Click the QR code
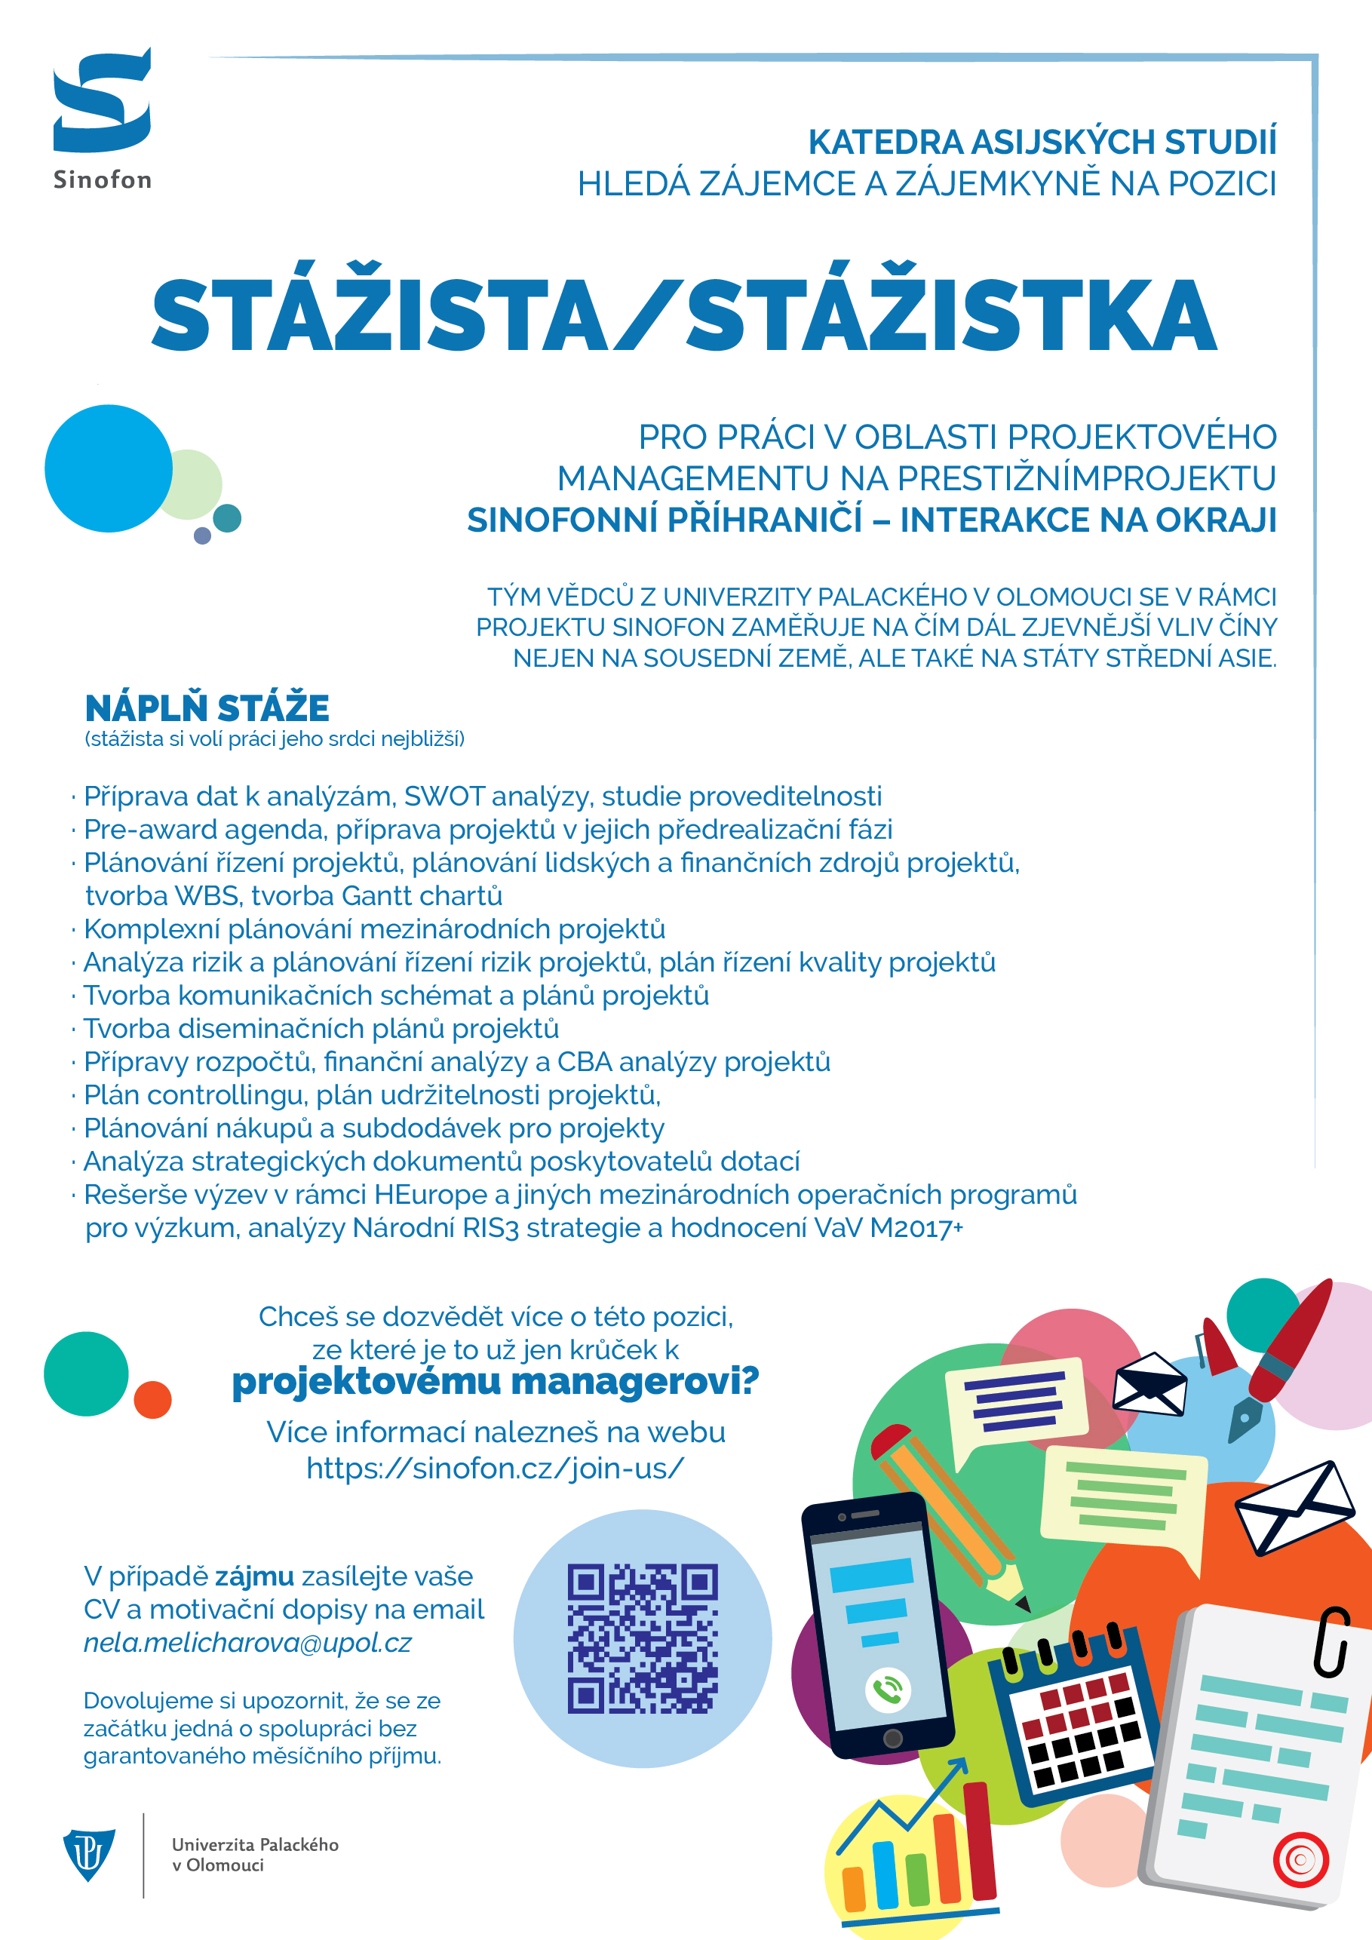pyautogui.click(x=642, y=1638)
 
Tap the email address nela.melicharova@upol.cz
pyautogui.click(x=247, y=1643)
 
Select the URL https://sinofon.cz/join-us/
pyautogui.click(x=495, y=1469)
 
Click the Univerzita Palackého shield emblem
pyautogui.click(x=89, y=1854)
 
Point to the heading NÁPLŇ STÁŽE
pyautogui.click(x=207, y=708)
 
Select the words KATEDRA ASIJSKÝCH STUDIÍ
pyautogui.click(x=1042, y=142)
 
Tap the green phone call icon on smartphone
pyautogui.click(x=887, y=1690)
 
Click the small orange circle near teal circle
pyautogui.click(x=153, y=1400)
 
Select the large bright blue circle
pyautogui.click(x=108, y=468)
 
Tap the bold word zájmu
pyautogui.click(x=254, y=1576)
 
